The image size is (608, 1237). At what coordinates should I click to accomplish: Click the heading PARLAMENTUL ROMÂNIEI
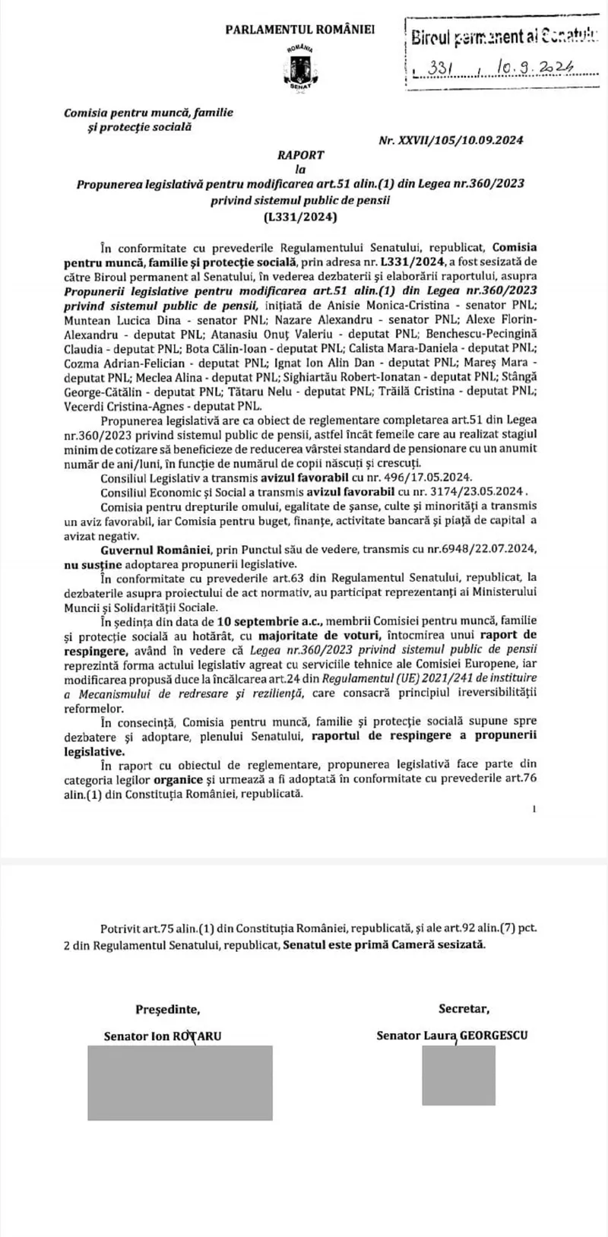(300, 29)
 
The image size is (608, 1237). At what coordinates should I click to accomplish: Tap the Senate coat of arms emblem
(296, 69)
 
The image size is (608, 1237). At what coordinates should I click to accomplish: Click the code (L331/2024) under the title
(300, 216)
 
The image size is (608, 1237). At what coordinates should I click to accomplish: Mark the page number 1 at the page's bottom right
(534, 811)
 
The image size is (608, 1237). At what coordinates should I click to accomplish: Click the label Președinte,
(168, 1010)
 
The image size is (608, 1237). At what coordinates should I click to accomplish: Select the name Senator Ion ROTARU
(163, 1036)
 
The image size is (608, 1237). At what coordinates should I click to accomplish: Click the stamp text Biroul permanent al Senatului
(502, 35)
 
